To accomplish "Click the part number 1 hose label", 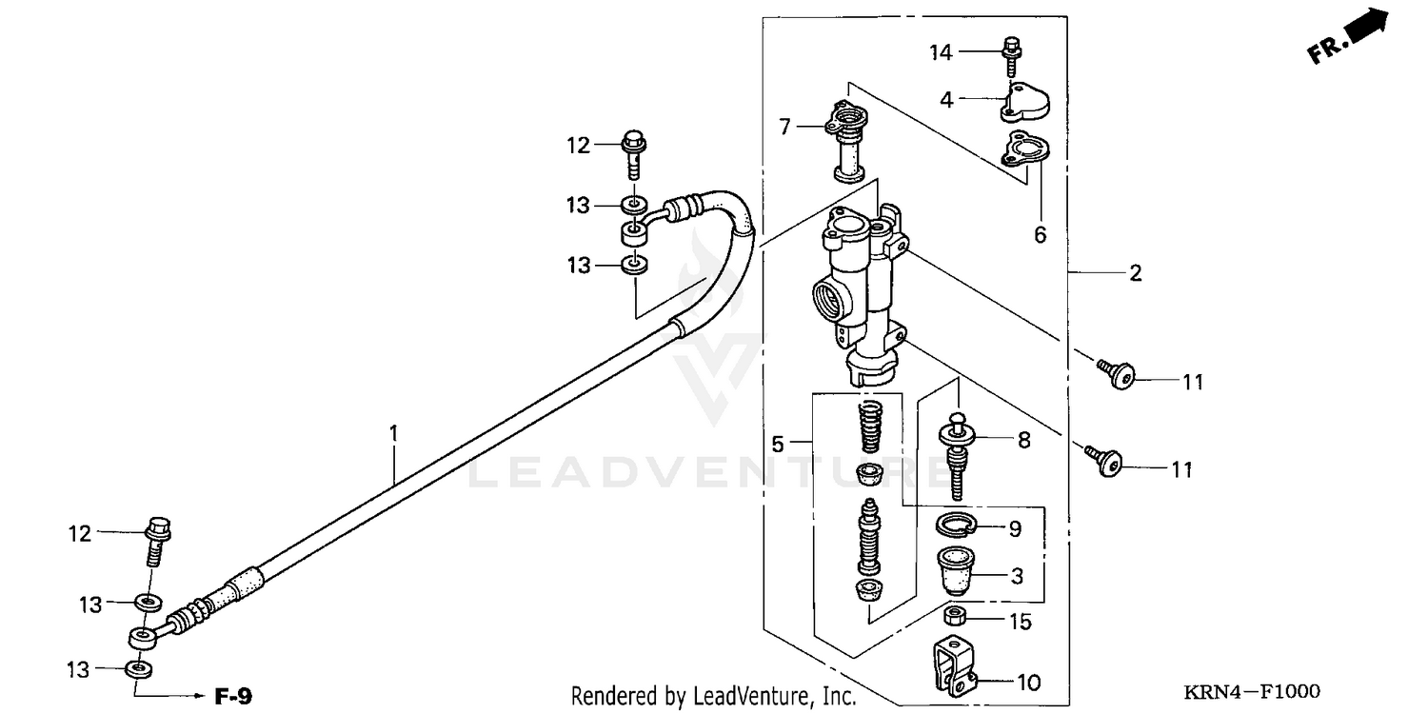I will (x=393, y=434).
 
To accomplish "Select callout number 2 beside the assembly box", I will (x=1135, y=273).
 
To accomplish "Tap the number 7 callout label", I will (x=784, y=126).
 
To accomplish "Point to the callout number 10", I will (x=1028, y=682).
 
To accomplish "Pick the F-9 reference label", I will (x=232, y=697).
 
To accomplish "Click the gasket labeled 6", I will (x=1025, y=155).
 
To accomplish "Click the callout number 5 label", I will (x=777, y=444).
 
